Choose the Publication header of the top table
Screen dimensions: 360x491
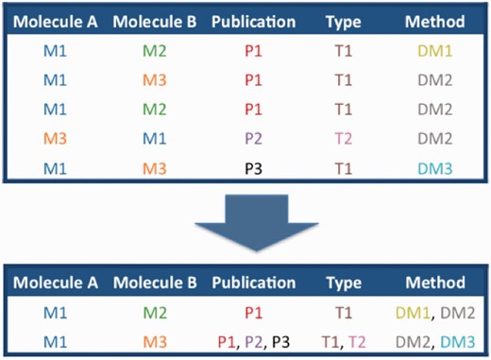click(253, 20)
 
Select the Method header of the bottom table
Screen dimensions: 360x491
click(434, 283)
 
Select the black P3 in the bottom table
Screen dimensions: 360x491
click(280, 340)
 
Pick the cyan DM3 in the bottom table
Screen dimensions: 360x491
click(460, 340)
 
